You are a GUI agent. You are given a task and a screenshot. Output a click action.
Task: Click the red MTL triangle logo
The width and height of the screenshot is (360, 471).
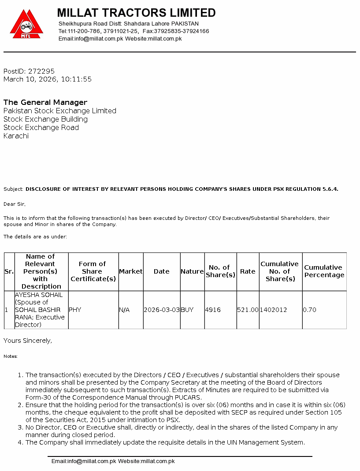(26, 25)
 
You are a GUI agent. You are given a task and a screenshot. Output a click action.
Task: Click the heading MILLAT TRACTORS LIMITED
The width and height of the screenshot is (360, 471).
(136, 13)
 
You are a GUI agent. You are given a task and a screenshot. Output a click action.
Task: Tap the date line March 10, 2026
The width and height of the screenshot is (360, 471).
(48, 79)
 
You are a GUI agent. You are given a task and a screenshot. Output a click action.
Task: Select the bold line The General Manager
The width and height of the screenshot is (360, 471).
(45, 102)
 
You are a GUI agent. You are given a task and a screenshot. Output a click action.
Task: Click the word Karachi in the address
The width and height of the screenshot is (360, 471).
(16, 136)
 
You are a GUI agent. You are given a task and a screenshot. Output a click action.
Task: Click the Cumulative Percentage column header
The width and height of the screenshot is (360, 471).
(324, 271)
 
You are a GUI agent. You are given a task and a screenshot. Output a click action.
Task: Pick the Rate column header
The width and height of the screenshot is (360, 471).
(248, 271)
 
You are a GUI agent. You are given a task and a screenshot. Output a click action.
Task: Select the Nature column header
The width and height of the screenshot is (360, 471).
(192, 271)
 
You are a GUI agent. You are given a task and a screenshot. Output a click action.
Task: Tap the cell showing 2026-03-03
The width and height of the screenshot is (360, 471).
(162, 310)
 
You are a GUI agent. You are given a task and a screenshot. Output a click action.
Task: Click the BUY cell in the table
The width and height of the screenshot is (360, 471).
(187, 310)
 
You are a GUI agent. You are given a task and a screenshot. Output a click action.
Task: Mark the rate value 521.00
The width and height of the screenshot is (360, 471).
(248, 310)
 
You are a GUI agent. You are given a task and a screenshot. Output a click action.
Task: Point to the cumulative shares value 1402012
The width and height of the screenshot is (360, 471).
(273, 310)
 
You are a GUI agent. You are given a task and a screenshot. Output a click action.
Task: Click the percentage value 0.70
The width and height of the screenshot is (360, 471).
(310, 310)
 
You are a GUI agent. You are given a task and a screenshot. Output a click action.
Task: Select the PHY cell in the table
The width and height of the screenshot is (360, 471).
(75, 310)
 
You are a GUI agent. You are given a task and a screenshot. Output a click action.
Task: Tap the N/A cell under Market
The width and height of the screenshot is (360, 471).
(124, 310)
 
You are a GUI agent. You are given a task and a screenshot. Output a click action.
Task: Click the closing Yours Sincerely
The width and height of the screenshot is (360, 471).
(28, 341)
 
